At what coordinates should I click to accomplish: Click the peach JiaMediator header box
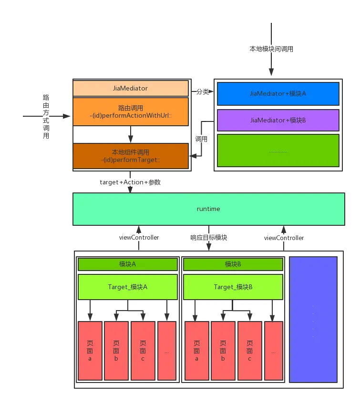(x=130, y=89)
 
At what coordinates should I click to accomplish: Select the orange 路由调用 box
(x=130, y=111)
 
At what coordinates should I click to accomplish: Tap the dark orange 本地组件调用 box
(x=130, y=156)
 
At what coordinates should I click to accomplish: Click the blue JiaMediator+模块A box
(x=278, y=94)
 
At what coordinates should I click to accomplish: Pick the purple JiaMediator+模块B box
(x=278, y=120)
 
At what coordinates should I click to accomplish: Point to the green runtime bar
(x=208, y=209)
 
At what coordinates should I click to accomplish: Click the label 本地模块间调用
(x=271, y=49)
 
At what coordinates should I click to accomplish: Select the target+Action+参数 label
(x=131, y=182)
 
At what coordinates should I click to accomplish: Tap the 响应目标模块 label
(x=208, y=237)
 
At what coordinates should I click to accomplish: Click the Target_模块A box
(x=127, y=287)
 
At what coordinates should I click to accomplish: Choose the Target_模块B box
(x=233, y=287)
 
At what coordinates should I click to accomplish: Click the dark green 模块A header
(x=127, y=264)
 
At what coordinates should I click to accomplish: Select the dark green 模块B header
(x=233, y=264)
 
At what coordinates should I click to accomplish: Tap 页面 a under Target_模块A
(x=90, y=351)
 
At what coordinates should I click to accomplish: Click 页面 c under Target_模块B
(x=249, y=351)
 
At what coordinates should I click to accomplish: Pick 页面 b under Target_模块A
(x=116, y=351)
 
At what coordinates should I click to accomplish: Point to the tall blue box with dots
(x=313, y=319)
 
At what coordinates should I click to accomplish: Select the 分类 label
(x=203, y=92)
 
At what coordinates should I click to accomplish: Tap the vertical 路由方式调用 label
(x=46, y=116)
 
